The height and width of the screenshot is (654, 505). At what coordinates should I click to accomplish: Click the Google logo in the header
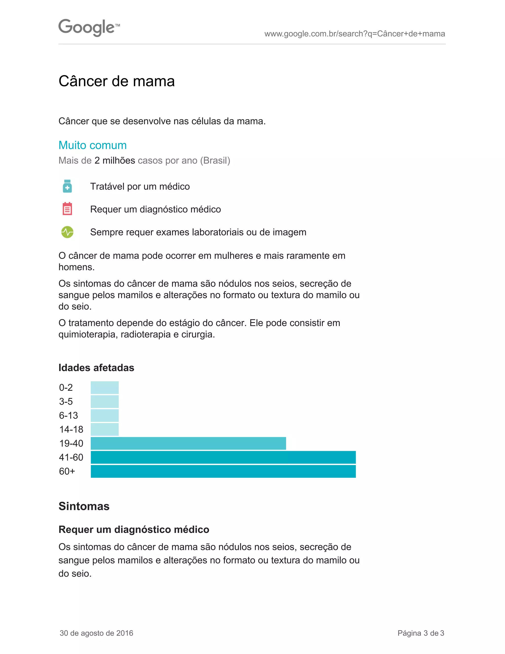tap(89, 28)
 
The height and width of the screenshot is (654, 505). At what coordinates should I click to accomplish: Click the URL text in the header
tap(355, 34)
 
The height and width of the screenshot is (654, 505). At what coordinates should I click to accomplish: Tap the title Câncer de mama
tap(117, 81)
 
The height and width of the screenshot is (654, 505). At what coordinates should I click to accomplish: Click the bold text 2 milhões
tap(115, 160)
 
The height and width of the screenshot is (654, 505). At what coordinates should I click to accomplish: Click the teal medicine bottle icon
tap(67, 186)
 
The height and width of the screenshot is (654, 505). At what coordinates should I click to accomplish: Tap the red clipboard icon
tap(67, 209)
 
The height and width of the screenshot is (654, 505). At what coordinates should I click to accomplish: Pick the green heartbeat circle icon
tap(67, 232)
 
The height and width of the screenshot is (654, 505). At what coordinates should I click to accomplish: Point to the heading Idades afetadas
tap(96, 368)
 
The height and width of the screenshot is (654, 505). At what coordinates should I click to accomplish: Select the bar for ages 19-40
tap(188, 443)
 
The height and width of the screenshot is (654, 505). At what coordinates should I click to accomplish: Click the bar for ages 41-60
tap(223, 457)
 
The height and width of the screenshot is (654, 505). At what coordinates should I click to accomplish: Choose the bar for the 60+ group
tap(223, 471)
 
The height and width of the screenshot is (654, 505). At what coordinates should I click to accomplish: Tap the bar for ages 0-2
tap(105, 387)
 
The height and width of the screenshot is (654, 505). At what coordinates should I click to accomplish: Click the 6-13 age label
tap(69, 415)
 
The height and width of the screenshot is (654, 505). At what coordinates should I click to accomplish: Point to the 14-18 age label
tap(71, 429)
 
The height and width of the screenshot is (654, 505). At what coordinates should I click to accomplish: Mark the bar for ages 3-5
tap(105, 402)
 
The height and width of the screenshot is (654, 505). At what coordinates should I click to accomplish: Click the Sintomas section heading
tap(84, 506)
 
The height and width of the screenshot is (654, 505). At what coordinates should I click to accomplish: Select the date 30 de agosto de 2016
tap(96, 633)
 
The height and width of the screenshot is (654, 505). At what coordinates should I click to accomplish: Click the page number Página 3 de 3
tap(421, 633)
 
